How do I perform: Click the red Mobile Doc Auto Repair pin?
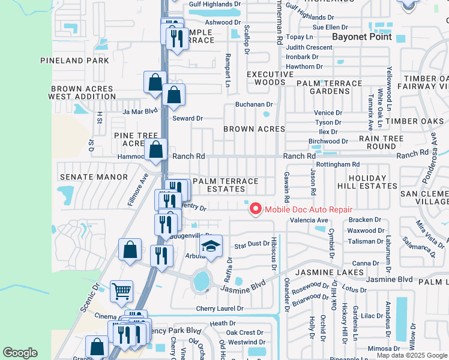256,209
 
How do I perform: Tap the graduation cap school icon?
211,246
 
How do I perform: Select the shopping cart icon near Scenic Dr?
121,292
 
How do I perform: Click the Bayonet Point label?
362,37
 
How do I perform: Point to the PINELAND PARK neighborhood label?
75,61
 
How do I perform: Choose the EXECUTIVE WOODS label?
270,78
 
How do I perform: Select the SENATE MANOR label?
94,177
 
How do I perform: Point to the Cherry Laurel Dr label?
220,308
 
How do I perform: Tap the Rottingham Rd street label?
337,164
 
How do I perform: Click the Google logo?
20,353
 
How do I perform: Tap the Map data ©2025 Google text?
411,355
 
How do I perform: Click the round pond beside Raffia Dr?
202,280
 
